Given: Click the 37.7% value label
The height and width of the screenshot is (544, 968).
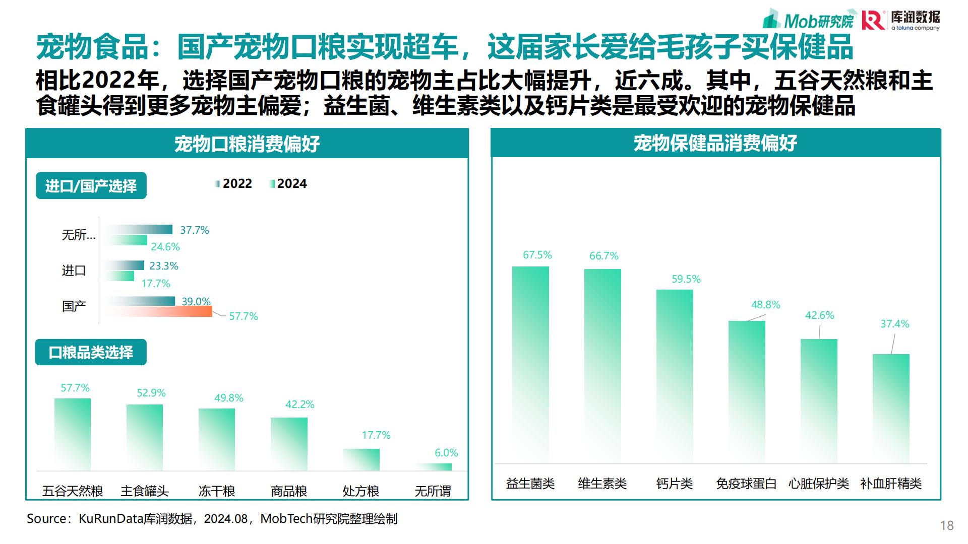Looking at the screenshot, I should click(x=194, y=230).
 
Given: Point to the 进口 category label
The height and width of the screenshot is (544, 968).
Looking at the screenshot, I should click(x=74, y=270).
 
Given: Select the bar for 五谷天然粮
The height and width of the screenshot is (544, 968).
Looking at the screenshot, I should click(x=73, y=434).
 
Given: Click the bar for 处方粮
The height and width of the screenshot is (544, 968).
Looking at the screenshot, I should click(x=361, y=459).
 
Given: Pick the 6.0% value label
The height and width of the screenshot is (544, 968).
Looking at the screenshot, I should click(x=446, y=453).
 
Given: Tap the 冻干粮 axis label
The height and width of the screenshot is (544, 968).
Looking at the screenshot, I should click(x=217, y=491).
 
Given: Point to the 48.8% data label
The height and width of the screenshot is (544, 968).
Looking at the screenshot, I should click(x=765, y=305).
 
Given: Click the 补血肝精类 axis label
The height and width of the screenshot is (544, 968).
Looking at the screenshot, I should click(x=891, y=484).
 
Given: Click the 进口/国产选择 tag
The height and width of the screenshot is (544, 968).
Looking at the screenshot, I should click(x=91, y=186).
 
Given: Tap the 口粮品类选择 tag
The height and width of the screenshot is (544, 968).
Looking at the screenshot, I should click(x=91, y=352).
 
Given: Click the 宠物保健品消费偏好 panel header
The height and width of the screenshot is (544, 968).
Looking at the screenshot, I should click(x=715, y=143).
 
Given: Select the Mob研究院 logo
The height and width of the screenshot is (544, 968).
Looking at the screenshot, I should click(x=810, y=19).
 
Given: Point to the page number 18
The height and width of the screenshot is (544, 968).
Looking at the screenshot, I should click(x=946, y=525).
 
